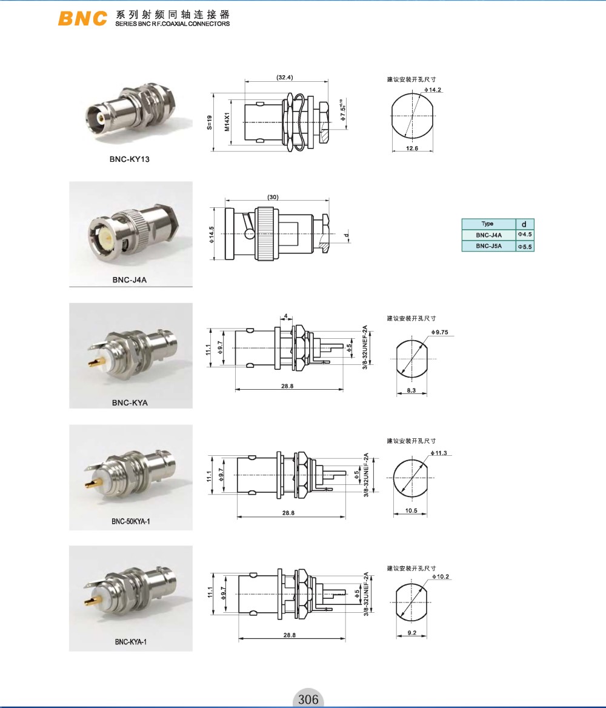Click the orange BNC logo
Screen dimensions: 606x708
82,18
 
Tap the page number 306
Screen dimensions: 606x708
308,699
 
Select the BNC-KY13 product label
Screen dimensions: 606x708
129,159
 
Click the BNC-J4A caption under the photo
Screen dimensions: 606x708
130,279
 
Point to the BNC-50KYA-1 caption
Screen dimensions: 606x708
130,521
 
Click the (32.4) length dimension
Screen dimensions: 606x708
284,77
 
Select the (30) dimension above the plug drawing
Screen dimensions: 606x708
273,197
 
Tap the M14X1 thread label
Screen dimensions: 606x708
227,122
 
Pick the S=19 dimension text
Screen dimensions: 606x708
209,122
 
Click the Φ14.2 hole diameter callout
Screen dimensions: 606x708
433,89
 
